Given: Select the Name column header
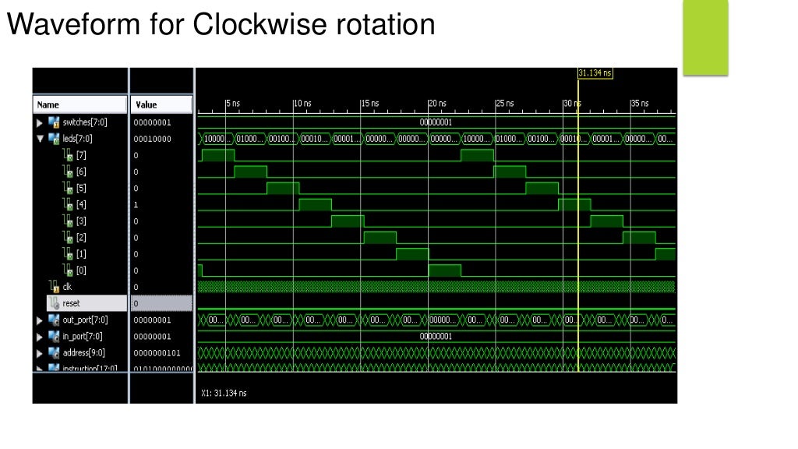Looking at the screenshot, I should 48,104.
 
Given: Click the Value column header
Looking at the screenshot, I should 146,104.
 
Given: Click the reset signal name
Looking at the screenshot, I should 72,303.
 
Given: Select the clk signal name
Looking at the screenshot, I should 67,287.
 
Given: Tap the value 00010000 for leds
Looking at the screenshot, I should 152,139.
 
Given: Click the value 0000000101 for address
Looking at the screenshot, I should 157,353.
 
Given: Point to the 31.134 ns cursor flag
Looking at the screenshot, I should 595,73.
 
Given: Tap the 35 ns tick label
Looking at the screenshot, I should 639,104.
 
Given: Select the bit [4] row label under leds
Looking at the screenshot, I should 80,204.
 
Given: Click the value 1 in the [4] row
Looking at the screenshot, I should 136,204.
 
